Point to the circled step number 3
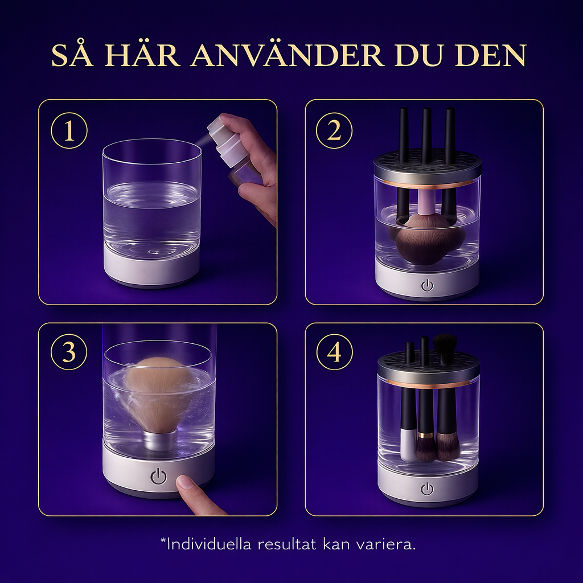(x=69, y=352)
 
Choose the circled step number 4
(x=334, y=352)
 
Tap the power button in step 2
(x=427, y=285)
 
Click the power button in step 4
(x=427, y=488)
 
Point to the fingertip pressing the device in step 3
(x=186, y=484)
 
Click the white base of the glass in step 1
(x=152, y=269)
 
